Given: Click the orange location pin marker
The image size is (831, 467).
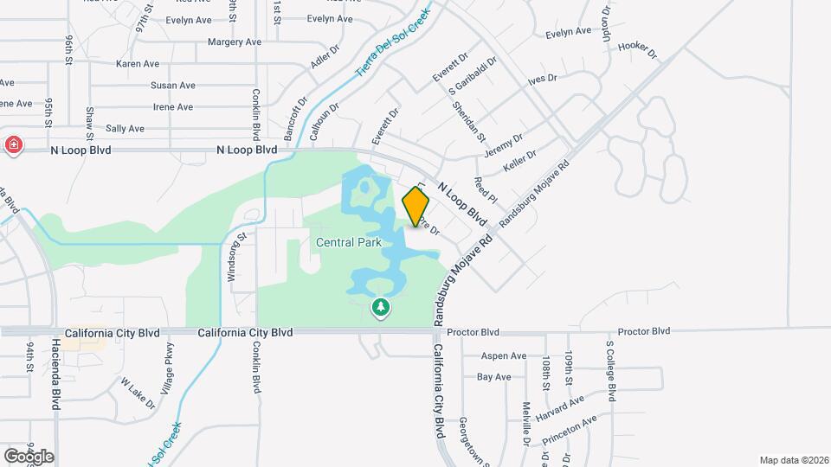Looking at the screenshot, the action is pyautogui.click(x=415, y=206).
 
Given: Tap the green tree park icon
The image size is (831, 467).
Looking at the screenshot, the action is pyautogui.click(x=380, y=308).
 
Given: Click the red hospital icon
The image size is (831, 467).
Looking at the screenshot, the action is pyautogui.click(x=13, y=144).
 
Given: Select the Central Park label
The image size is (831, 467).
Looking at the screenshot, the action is pyautogui.click(x=349, y=242).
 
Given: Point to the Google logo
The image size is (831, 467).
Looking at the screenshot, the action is pyautogui.click(x=29, y=456).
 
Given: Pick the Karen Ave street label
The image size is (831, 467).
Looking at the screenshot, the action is pyautogui.click(x=138, y=63).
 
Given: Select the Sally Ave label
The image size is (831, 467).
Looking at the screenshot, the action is pyautogui.click(x=125, y=128).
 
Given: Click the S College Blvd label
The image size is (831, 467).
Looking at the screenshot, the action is pyautogui.click(x=611, y=370).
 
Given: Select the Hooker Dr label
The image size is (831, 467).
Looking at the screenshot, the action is pyautogui.click(x=639, y=51).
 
